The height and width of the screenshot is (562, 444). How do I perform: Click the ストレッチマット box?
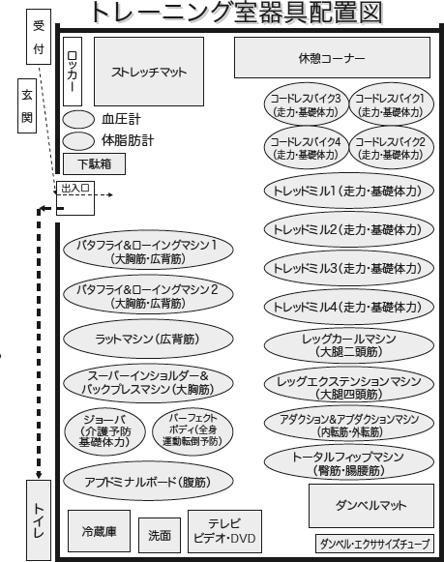pyautogui.click(x=149, y=72)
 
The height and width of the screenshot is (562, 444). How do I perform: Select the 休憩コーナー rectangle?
pyautogui.click(x=332, y=58)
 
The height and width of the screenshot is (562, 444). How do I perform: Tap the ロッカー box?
pyautogui.click(x=73, y=72)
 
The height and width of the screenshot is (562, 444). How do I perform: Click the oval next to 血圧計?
pyautogui.click(x=78, y=119)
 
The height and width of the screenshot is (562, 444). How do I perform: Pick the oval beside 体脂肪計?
pyautogui.click(x=78, y=141)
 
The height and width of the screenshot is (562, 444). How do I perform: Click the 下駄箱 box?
pyautogui.click(x=94, y=164)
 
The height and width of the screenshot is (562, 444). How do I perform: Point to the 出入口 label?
pyautogui.click(x=75, y=188)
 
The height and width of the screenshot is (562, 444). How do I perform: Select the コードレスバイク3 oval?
pyautogui.click(x=306, y=104)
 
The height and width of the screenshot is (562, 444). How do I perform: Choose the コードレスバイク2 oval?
pyautogui.click(x=391, y=147)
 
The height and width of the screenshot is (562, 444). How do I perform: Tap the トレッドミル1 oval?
pyautogui.click(x=348, y=191)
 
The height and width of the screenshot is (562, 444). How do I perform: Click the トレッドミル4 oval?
pyautogui.click(x=348, y=307)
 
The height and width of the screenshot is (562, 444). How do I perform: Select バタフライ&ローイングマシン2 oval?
pyautogui.click(x=148, y=295)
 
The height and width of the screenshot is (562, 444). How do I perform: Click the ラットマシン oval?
pyautogui.click(x=148, y=339)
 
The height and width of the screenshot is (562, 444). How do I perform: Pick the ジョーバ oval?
pyautogui.click(x=105, y=431)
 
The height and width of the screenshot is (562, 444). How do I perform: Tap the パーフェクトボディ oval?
pyautogui.click(x=192, y=429)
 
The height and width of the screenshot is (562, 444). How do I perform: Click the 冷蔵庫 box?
pyautogui.click(x=99, y=531)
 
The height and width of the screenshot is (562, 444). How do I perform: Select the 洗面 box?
pyautogui.click(x=160, y=535)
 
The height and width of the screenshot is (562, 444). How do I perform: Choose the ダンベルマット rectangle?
pyautogui.click(x=371, y=506)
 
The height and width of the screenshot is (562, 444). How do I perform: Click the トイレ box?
pyautogui.click(x=39, y=520)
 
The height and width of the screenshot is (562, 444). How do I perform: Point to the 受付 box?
pyautogui.click(x=39, y=37)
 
